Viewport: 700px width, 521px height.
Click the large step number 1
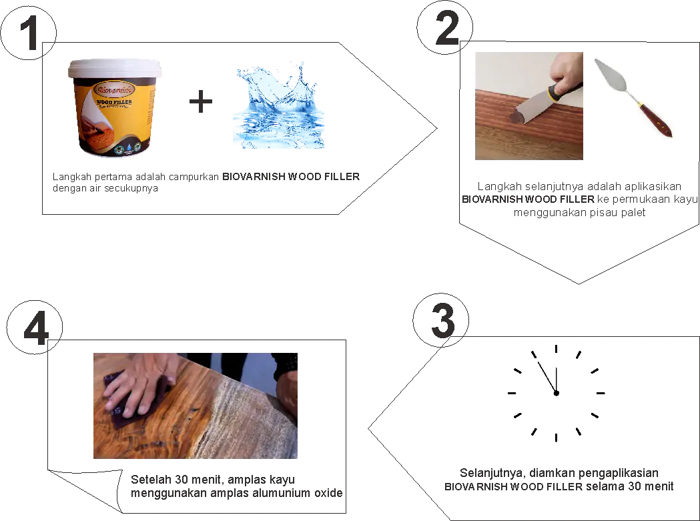pos(29,33)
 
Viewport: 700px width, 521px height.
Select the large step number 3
pos(443,321)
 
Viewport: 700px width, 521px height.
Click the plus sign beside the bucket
pos(201,102)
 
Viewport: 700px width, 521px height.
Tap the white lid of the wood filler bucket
pos(115,69)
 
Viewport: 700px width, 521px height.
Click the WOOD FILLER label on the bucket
pos(114,102)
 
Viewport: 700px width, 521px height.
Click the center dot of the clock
pos(557,394)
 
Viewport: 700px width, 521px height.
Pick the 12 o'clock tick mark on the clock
pos(557,349)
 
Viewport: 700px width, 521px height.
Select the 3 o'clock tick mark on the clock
pos(601,394)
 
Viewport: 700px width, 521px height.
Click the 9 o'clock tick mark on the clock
pos(512,394)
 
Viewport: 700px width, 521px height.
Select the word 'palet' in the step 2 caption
pos(633,213)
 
